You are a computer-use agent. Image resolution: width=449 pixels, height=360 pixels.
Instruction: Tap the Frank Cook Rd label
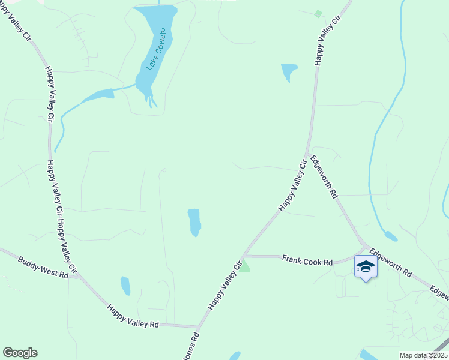307,261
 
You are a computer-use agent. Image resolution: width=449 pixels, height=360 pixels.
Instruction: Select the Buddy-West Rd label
43,268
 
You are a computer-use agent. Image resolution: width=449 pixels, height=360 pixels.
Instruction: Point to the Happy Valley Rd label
133,316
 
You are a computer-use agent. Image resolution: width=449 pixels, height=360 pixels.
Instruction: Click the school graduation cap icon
365,266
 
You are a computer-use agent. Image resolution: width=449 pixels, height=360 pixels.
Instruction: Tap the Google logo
20,353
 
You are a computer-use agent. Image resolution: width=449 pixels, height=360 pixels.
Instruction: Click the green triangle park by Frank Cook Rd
245,266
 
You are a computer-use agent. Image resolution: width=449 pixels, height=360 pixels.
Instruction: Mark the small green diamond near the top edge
318,13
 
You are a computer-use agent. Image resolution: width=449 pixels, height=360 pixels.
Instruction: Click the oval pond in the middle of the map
194,222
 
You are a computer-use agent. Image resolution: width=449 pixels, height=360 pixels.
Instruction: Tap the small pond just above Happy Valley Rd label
125,286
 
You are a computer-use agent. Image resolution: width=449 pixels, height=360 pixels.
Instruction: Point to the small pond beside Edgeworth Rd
390,236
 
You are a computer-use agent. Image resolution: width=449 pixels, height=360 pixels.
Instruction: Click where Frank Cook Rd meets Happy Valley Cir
244,256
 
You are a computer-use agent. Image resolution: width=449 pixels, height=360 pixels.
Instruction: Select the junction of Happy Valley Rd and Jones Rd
198,327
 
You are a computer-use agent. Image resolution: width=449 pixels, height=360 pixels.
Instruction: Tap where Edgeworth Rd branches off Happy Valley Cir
307,154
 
